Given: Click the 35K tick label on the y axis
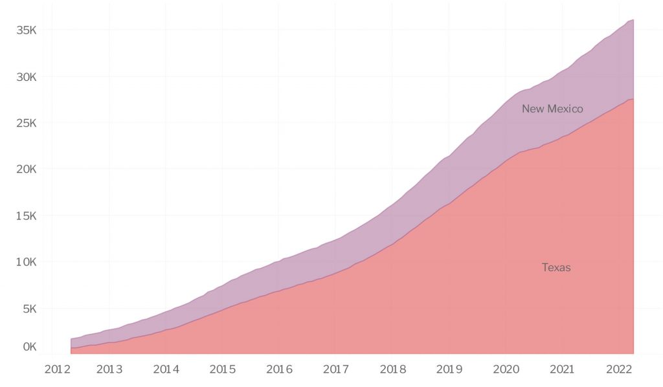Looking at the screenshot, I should [x=27, y=30].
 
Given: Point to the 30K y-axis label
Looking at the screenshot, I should [x=27, y=76].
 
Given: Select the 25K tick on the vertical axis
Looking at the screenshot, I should [x=27, y=123].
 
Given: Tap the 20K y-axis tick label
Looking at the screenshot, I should [x=27, y=169].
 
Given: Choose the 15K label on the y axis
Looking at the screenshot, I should [x=27, y=216].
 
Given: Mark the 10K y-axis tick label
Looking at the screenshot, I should [x=27, y=262].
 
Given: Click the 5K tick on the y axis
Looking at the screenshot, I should [x=29, y=309].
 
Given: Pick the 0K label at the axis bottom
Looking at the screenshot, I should [x=29, y=346].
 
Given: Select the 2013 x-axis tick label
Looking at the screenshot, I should [x=109, y=370].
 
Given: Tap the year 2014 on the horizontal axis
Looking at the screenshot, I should [x=166, y=370].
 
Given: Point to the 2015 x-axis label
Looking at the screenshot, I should [x=223, y=370].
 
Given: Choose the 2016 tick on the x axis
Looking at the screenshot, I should [x=279, y=370].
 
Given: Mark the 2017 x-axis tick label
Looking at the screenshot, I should [x=336, y=370].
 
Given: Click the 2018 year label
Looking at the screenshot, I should [x=392, y=370].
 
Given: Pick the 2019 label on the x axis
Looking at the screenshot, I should [x=449, y=370].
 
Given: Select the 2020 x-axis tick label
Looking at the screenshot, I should [x=506, y=370].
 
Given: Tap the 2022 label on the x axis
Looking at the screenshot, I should [x=619, y=370].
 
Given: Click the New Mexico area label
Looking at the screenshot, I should [x=552, y=109].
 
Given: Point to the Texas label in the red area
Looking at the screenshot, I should [x=556, y=267].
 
